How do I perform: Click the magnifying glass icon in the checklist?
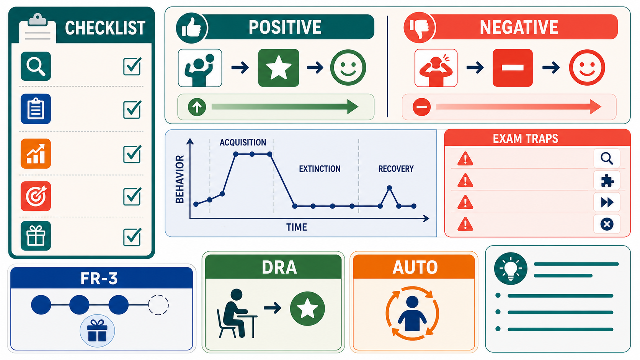click(x=36, y=66)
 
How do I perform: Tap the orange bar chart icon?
click(x=36, y=153)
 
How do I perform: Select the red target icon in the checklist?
click(x=36, y=196)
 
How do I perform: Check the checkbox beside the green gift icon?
click(x=132, y=237)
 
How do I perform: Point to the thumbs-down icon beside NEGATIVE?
click(x=419, y=28)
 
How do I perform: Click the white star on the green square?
click(x=279, y=68)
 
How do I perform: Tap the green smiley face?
click(x=348, y=68)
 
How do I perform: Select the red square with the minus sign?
click(x=513, y=68)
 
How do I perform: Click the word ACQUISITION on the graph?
click(x=243, y=142)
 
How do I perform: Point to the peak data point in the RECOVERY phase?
click(x=389, y=188)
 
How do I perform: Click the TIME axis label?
click(x=297, y=227)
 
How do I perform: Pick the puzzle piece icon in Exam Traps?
click(x=607, y=181)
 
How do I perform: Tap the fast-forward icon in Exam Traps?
click(x=607, y=202)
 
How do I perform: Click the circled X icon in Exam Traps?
click(x=607, y=224)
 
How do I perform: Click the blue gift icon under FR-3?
click(x=97, y=331)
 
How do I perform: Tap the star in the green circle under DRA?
click(x=307, y=308)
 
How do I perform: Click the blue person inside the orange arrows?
click(x=412, y=313)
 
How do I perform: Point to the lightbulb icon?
click(x=511, y=269)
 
